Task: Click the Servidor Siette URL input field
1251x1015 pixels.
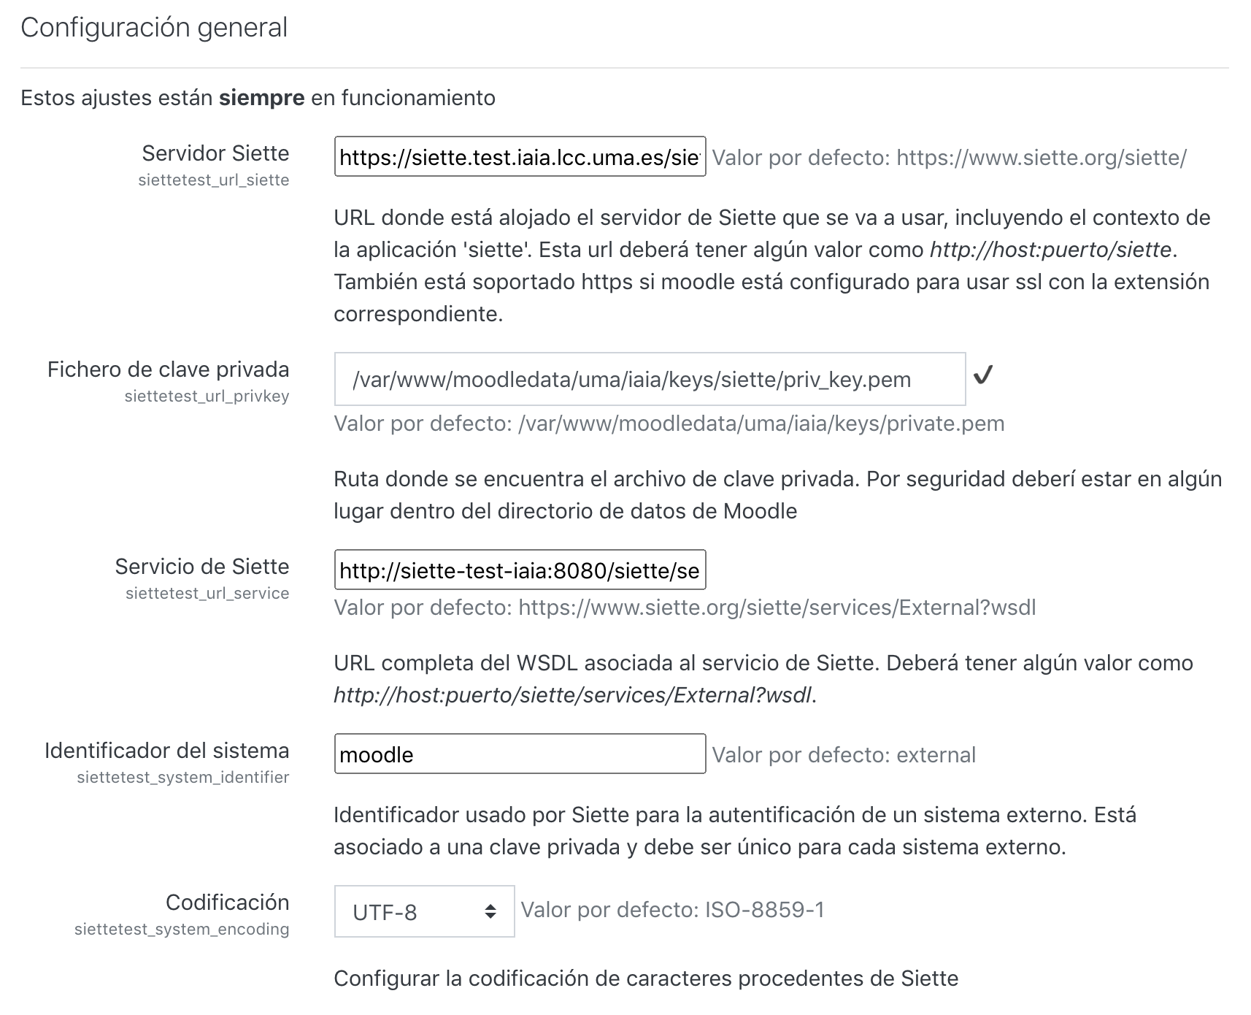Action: click(x=520, y=156)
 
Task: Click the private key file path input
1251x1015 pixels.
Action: click(x=650, y=380)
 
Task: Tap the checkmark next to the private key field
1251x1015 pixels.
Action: click(x=983, y=376)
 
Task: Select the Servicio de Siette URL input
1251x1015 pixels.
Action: click(x=520, y=570)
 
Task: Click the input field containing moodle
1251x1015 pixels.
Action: click(x=520, y=754)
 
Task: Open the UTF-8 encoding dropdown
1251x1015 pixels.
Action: click(x=424, y=912)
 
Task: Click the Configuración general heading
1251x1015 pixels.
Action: click(x=154, y=28)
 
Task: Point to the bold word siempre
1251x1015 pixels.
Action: click(x=261, y=98)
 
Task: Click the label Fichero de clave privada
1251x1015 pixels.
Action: click(x=168, y=369)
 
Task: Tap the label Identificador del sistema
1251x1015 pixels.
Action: click(x=166, y=751)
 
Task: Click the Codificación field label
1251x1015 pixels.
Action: click(x=227, y=903)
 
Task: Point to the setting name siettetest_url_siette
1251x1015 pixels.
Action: click(x=213, y=180)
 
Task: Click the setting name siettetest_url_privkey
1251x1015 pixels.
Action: click(x=207, y=397)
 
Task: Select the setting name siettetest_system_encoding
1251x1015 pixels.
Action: click(x=182, y=930)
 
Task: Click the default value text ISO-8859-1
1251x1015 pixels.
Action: click(x=764, y=910)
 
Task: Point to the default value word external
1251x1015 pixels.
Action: click(x=936, y=755)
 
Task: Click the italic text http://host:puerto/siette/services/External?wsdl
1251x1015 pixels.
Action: click(x=572, y=695)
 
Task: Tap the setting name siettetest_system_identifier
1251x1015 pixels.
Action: click(x=182, y=778)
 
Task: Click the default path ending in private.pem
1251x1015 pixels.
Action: click(x=761, y=424)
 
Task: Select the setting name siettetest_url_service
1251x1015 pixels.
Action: click(x=207, y=594)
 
